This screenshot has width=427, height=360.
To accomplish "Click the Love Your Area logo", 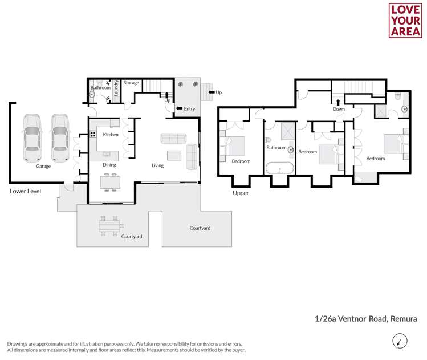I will [405, 21].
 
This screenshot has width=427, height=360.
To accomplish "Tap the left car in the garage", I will [32, 138].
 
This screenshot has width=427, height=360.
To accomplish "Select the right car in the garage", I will [59, 138].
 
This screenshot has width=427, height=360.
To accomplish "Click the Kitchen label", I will [111, 135].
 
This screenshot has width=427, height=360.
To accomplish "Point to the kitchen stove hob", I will [92, 135].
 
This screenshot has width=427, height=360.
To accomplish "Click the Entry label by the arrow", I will [189, 108].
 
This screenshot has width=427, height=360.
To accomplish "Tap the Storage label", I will [131, 83].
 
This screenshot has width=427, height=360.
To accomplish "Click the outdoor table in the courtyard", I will [108, 225].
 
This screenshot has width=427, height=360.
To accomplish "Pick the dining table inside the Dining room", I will [110, 182].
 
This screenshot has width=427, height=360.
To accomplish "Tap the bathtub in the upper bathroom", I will [280, 169].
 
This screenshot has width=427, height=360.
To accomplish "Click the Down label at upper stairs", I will [339, 108].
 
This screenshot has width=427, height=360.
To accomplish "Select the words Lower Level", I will [25, 191].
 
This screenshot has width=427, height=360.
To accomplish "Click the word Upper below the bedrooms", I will [241, 193].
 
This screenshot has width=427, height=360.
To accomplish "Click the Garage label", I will [43, 167].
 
